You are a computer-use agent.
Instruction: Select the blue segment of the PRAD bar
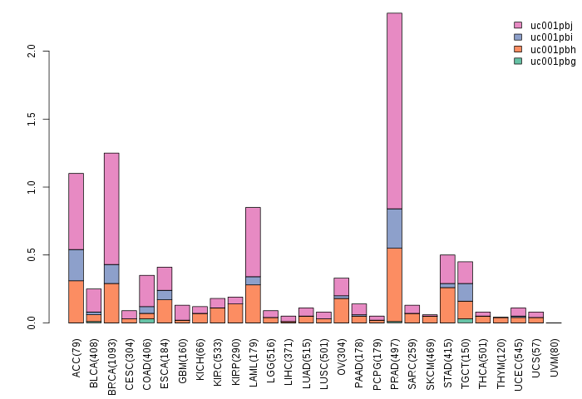click(394, 228)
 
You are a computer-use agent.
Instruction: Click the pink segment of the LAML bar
click(253, 241)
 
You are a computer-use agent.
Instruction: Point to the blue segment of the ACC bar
click(76, 264)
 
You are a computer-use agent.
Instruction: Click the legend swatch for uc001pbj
click(518, 26)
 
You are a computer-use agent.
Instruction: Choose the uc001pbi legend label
click(551, 37)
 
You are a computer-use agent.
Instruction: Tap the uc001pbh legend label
click(551, 49)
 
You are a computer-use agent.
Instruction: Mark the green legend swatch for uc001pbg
click(518, 61)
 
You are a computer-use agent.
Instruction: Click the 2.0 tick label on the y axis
click(32, 52)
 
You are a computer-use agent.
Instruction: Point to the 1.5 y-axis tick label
click(32, 120)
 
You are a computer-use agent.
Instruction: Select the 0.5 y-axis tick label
click(32, 255)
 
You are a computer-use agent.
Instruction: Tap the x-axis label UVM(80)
click(555, 353)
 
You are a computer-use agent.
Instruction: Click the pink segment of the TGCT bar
click(465, 273)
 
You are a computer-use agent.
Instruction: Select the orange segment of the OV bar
click(341, 310)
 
